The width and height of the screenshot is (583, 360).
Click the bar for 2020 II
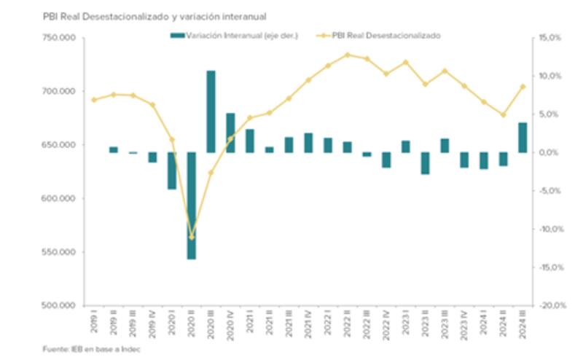pos(192,206)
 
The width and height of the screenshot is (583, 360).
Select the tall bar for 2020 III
pos(211,111)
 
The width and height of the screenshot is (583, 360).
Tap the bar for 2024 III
pos(523,138)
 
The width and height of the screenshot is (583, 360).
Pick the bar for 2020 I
pos(172,171)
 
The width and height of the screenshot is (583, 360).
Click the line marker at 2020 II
pos(192,237)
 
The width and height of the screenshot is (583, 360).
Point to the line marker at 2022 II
pos(347,55)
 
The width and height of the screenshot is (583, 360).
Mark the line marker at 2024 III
pos(523,87)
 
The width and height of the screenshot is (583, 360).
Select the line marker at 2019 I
pos(93,100)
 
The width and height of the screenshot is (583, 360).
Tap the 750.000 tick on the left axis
pos(61,38)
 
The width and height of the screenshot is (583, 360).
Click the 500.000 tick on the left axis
pos(61,305)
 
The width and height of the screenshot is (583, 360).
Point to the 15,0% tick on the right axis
pos(552,38)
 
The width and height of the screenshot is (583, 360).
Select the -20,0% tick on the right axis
pos(552,305)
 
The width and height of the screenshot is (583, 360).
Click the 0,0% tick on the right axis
pos(552,152)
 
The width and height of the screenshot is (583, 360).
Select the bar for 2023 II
pos(425,163)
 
